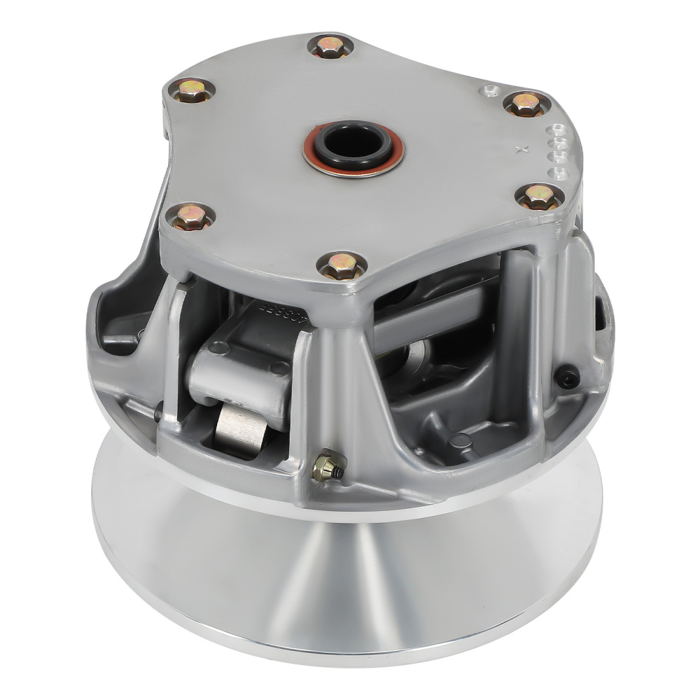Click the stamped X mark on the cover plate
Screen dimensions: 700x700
coord(519,149)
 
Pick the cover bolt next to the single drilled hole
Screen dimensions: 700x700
coord(526,104)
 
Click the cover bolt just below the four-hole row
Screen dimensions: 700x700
coord(540,197)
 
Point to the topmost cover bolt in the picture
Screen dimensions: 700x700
coord(330,46)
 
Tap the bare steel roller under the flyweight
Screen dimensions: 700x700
coord(240,429)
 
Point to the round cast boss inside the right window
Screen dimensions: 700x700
coord(460,440)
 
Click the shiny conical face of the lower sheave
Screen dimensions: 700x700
coord(350,574)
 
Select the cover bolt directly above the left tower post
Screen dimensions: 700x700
coord(190,217)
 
